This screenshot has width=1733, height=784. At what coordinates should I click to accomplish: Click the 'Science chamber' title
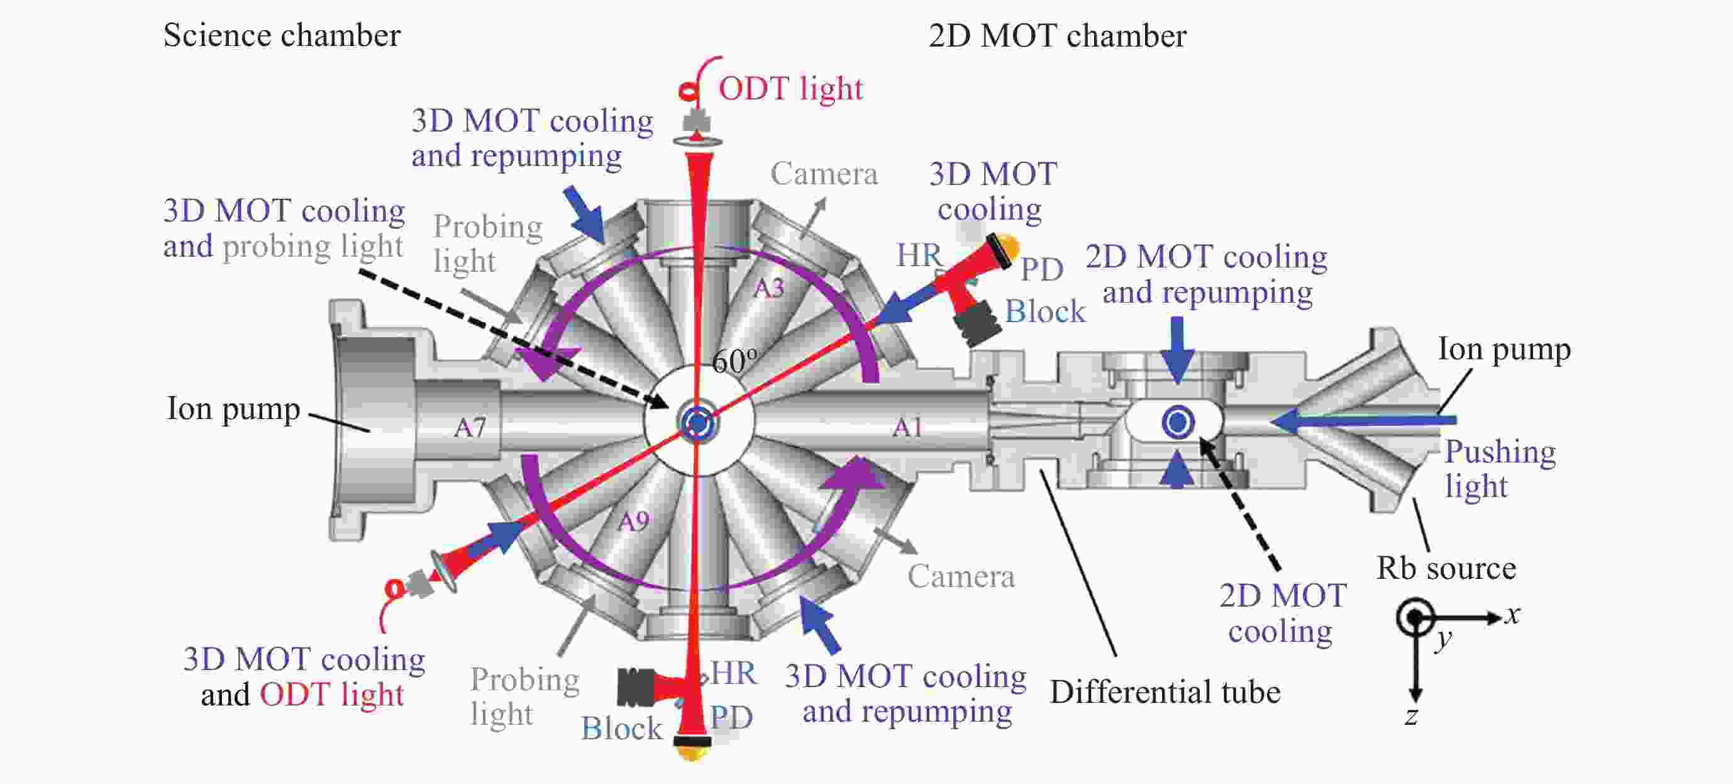click(x=282, y=36)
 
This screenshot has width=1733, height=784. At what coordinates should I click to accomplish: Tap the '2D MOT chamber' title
click(x=1057, y=36)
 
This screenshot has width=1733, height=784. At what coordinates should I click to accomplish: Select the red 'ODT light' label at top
click(x=790, y=89)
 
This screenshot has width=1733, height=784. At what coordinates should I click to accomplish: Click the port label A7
click(x=470, y=427)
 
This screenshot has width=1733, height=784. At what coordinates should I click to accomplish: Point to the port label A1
click(x=907, y=427)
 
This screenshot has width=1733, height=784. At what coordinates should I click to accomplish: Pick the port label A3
click(x=769, y=288)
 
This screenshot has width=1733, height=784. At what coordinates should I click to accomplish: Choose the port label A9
click(x=634, y=520)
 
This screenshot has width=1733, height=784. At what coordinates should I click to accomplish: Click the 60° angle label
click(x=734, y=361)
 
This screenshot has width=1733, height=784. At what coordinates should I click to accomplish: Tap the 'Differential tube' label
click(x=1165, y=693)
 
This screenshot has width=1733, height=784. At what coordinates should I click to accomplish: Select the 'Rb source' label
click(x=1446, y=569)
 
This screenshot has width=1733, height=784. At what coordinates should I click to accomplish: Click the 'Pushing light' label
click(x=1500, y=468)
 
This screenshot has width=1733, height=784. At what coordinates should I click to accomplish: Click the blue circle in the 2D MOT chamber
click(x=1178, y=423)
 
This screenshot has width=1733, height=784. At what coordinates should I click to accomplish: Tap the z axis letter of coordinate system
click(x=1411, y=716)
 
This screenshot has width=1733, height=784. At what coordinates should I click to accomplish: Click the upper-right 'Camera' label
click(x=824, y=174)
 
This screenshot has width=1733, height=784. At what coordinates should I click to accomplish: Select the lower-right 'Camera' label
click(x=961, y=577)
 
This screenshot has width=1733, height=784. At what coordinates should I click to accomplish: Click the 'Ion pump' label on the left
click(x=233, y=408)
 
